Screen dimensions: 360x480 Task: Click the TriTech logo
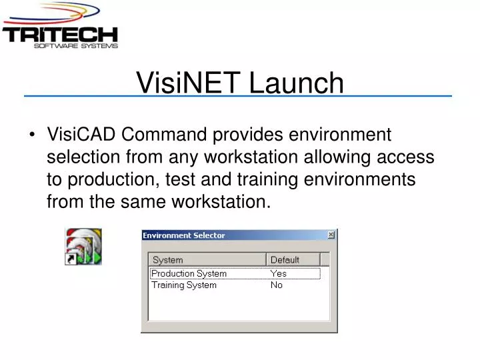click(60, 27)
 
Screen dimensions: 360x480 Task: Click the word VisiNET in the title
click(189, 84)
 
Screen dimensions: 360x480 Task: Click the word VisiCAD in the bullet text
click(81, 135)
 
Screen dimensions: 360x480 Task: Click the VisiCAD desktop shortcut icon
click(83, 246)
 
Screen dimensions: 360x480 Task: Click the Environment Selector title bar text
click(184, 235)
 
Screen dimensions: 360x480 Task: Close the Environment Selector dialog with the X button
click(331, 235)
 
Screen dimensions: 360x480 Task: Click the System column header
click(168, 259)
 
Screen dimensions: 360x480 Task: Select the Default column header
click(285, 259)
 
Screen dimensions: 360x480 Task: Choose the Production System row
click(189, 273)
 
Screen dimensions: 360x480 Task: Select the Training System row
click(184, 285)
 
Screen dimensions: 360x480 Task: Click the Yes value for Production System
click(278, 273)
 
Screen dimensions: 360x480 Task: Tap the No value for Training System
click(276, 285)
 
